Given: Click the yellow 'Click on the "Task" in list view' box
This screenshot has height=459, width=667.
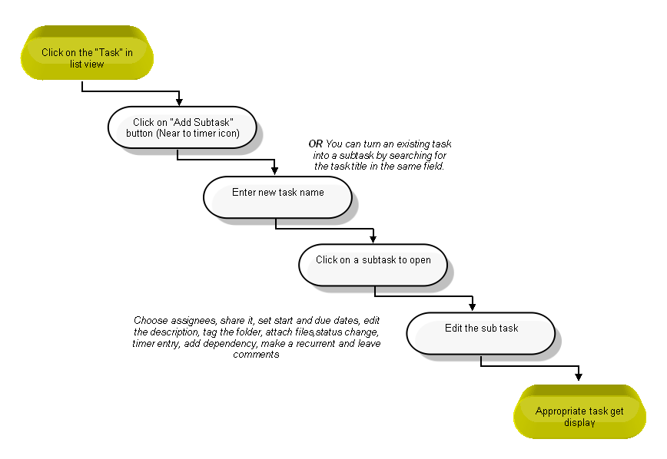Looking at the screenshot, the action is (87, 53).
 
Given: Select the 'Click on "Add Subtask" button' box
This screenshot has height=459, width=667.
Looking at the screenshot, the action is (182, 127).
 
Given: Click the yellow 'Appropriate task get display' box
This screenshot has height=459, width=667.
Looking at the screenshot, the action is (579, 411).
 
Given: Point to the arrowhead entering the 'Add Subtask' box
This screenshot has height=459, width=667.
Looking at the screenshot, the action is (179, 102).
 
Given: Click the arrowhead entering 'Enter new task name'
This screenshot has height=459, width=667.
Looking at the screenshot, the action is (275, 171).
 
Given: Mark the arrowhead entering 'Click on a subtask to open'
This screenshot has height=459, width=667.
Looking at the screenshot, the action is (373, 239).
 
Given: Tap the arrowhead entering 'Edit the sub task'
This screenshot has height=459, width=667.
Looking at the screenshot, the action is (472, 307).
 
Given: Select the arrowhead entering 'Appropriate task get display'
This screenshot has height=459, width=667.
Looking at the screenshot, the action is (579, 376).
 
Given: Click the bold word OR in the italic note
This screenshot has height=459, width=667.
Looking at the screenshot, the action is (316, 144).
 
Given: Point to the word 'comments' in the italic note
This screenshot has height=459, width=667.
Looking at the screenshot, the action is (256, 355).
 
